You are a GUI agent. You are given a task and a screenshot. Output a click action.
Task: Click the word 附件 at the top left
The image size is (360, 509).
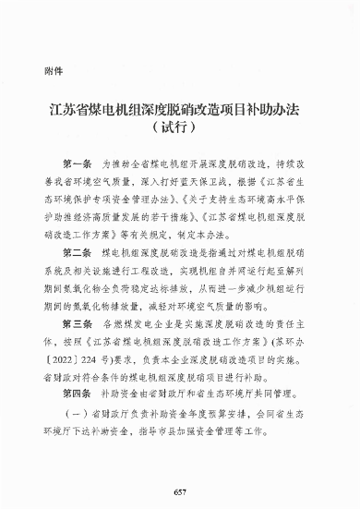[x=53, y=71]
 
